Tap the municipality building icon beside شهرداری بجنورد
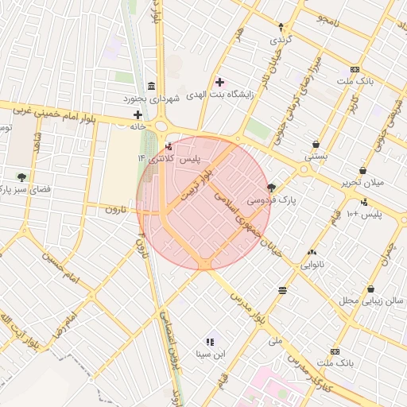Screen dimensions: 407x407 tap(151, 86)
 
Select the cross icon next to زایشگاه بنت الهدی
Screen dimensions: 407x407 tap(219, 82)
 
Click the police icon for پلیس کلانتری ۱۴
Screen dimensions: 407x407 tap(168, 146)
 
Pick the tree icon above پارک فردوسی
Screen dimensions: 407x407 tap(272, 188)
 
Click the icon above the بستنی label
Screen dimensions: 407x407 tap(316, 145)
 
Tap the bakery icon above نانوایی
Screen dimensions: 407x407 tap(310, 252)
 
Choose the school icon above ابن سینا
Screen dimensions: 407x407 tap(211, 341)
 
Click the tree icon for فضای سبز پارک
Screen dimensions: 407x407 tap(21, 177)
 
